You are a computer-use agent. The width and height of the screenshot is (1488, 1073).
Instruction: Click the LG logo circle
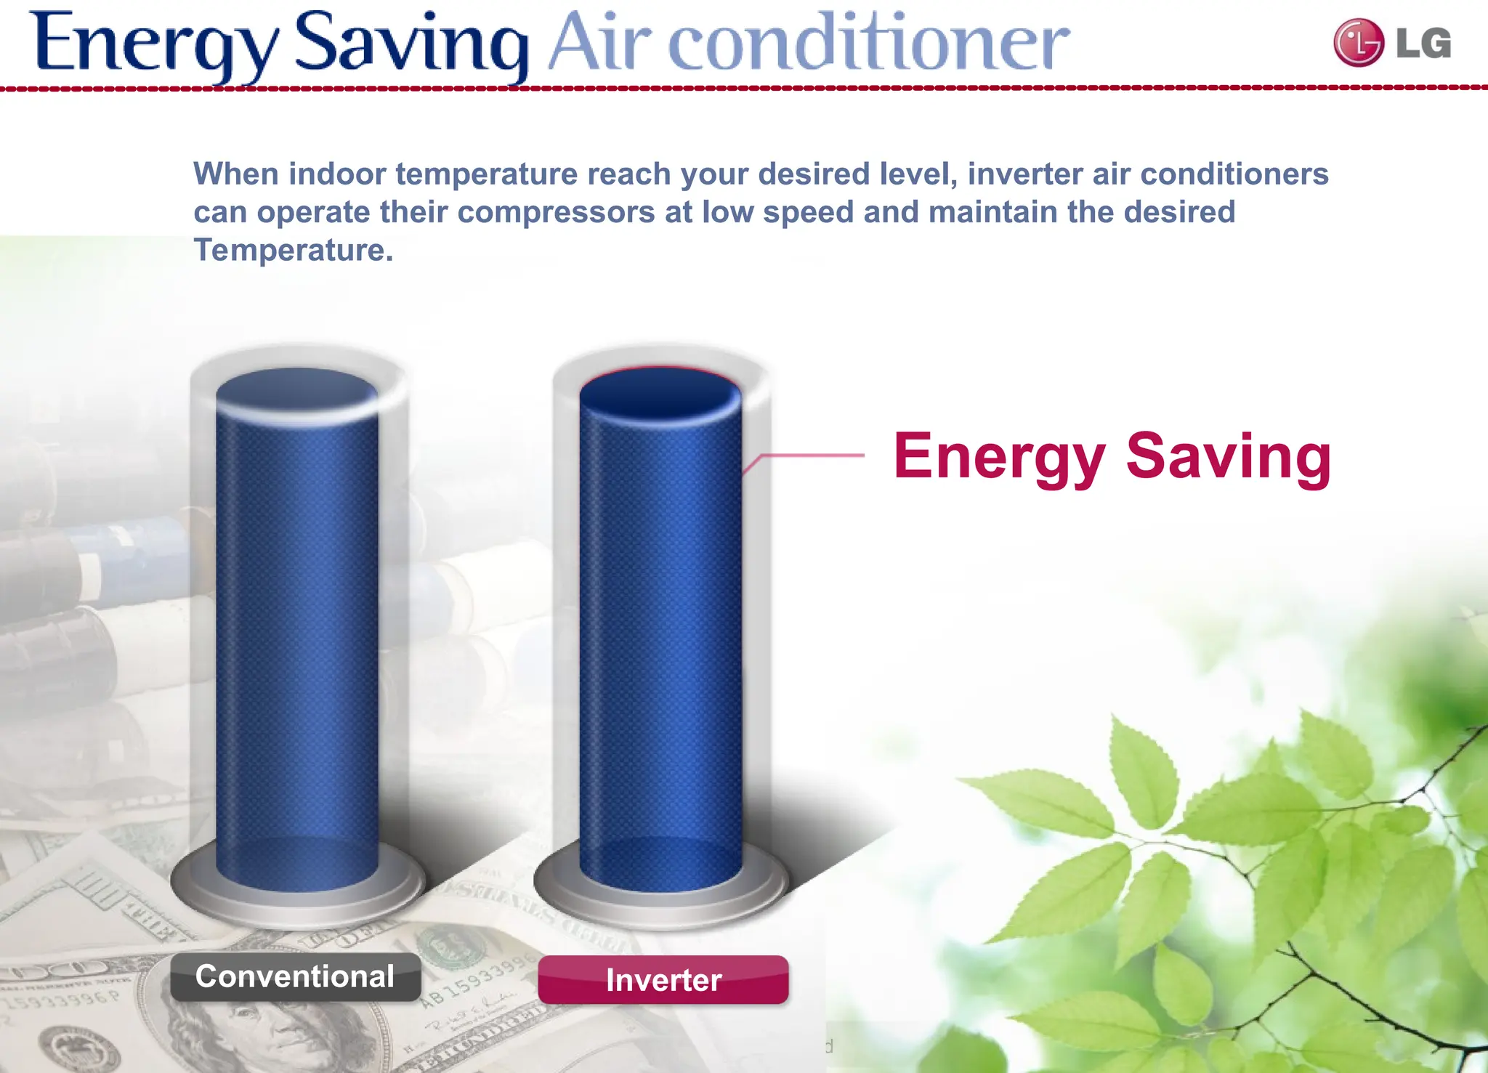[1358, 43]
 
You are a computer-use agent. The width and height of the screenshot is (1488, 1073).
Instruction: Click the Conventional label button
[295, 977]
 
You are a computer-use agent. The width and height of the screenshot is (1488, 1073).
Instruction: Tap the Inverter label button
[663, 980]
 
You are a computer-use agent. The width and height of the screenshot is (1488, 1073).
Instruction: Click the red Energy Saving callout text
[1112, 455]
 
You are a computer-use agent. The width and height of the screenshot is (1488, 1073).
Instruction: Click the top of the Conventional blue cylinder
[297, 393]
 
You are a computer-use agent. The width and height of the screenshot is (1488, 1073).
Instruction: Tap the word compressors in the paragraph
[556, 212]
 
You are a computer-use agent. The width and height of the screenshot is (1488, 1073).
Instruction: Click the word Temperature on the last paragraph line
[293, 250]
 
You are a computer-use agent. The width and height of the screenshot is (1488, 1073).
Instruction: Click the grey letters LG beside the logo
[1423, 44]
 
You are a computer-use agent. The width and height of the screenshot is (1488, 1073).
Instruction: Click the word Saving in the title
[411, 44]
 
